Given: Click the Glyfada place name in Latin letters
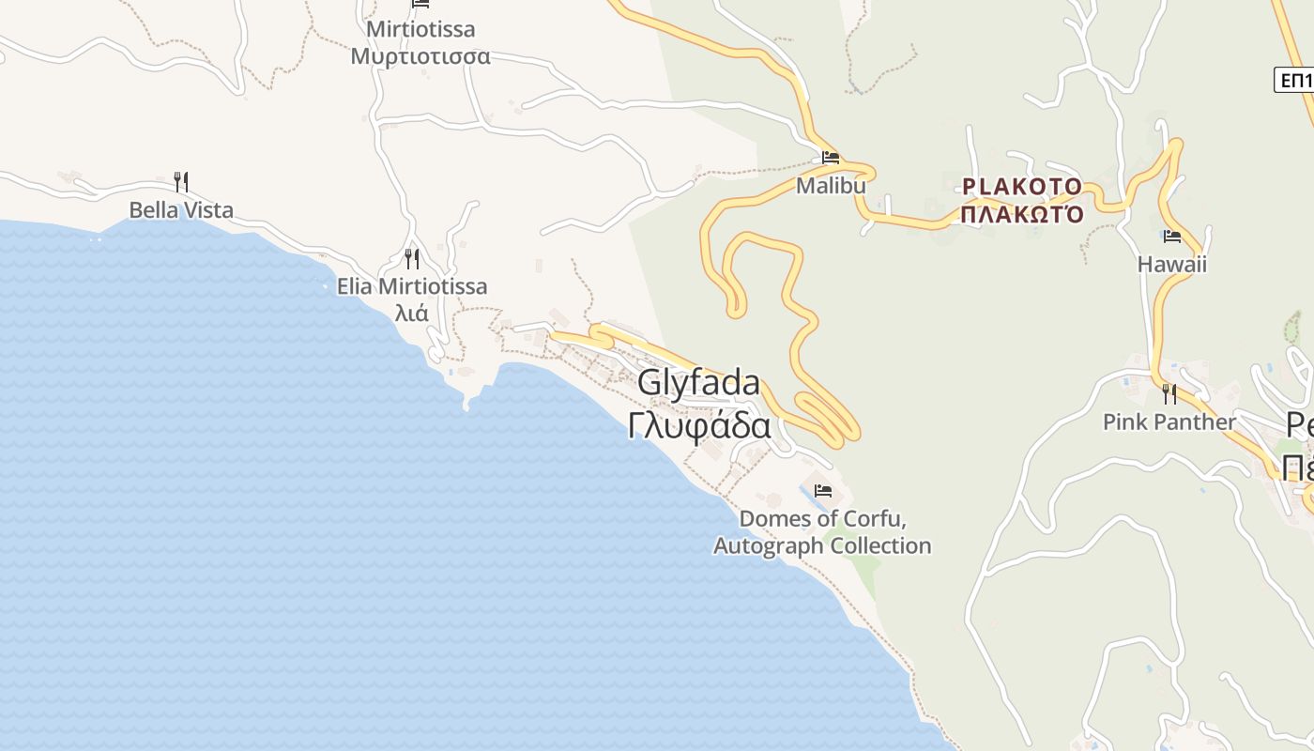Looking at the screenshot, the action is [698, 383].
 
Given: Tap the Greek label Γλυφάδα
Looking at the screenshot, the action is [699, 425].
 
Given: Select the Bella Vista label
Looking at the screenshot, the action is [181, 210].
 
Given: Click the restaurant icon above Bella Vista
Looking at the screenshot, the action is [181, 181].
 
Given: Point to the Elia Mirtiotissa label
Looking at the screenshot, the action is [412, 286].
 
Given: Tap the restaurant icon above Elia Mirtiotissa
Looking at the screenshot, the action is [412, 258].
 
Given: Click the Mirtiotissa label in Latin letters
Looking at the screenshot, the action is [420, 29].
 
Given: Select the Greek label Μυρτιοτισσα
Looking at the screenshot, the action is [420, 56].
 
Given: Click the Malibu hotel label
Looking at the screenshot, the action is [831, 186].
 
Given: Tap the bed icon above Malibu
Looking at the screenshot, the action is [831, 158].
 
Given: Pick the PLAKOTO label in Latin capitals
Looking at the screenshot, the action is [1022, 187].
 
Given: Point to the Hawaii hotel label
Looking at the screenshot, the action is [1171, 265].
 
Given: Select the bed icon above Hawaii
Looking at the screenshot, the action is [1171, 237].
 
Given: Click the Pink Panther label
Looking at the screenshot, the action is [1169, 422].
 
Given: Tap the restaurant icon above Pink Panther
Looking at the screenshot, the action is [1169, 393].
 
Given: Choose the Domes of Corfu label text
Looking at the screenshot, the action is [823, 519].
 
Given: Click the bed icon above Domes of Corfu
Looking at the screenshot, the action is [823, 491].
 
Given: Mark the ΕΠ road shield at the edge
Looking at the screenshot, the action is [1295, 81].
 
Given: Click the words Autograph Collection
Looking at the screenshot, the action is [822, 545].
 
